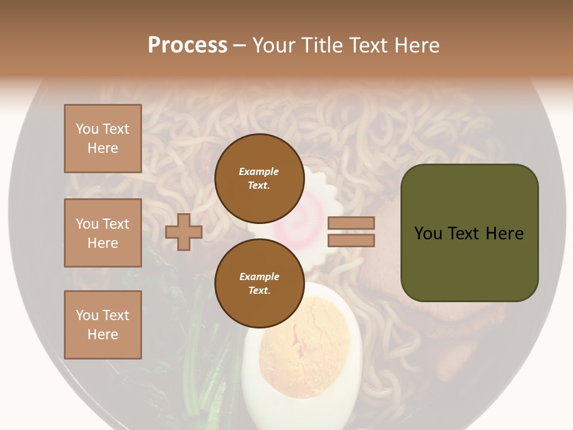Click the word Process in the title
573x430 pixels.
point(187,45)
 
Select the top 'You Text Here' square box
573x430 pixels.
point(103,139)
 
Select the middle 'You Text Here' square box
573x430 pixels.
point(103,233)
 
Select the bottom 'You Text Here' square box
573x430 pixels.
point(103,324)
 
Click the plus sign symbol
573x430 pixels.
point(183,232)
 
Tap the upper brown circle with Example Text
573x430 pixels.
point(259,178)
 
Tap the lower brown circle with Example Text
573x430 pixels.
point(259,283)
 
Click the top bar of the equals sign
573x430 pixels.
point(351,223)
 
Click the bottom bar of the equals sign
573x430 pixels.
point(351,240)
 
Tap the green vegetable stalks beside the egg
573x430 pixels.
point(200,358)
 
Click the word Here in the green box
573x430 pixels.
point(504,234)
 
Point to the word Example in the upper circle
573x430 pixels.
point(258,171)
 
